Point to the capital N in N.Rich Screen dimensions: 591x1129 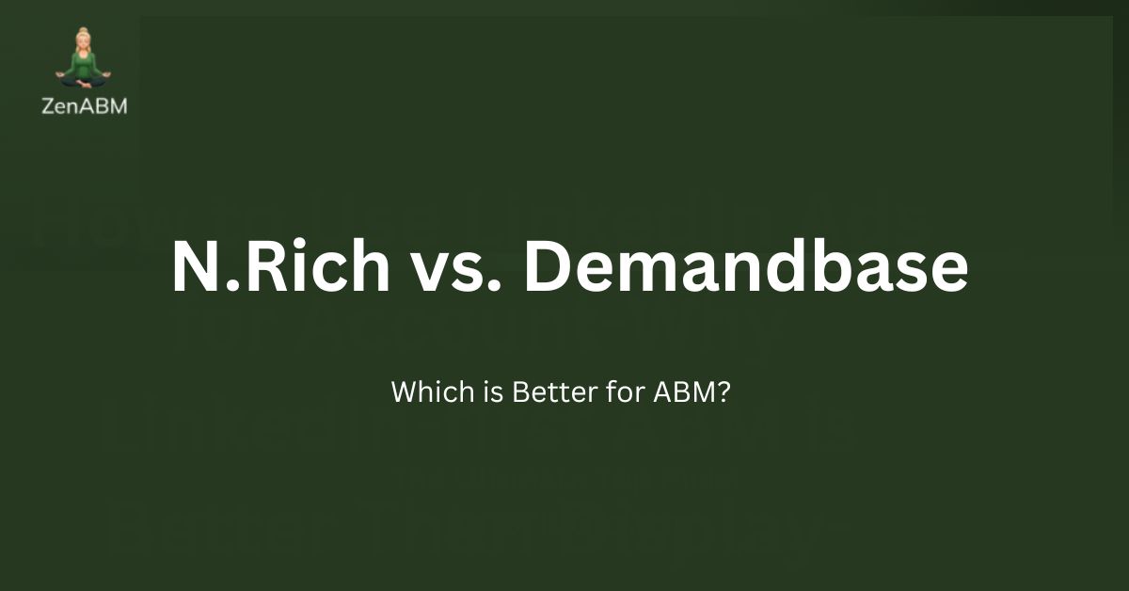tap(195, 268)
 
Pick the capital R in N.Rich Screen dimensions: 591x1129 tap(253, 268)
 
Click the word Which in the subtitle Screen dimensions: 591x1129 tap(421, 391)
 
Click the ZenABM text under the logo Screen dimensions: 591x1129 tap(85, 106)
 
